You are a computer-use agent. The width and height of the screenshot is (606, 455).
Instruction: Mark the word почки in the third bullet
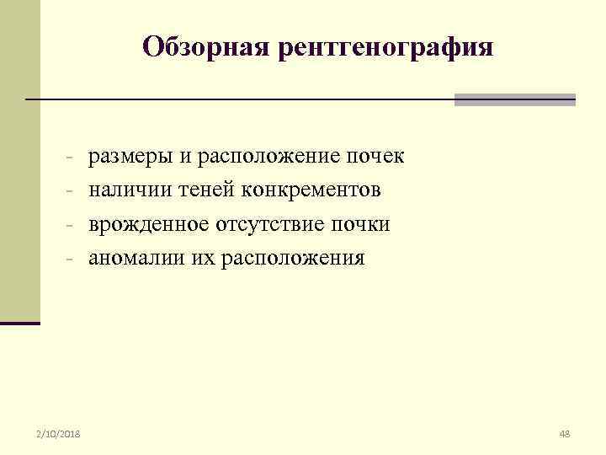click(363, 225)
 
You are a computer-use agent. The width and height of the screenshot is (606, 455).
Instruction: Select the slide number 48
click(565, 434)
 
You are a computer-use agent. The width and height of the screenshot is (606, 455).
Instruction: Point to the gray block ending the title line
click(515, 99)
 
